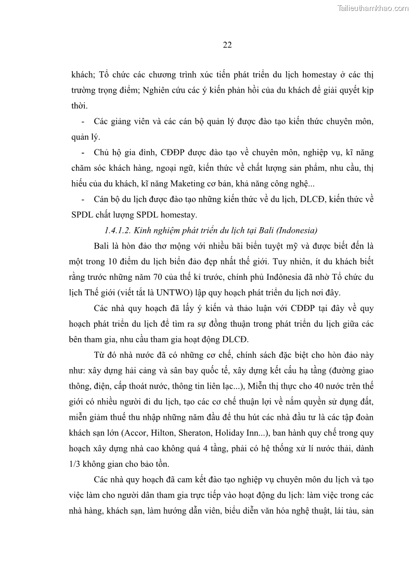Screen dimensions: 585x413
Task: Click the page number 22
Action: tap(227, 45)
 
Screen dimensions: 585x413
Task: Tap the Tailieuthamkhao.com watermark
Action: tap(373, 8)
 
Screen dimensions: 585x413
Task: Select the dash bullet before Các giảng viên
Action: tap(84, 122)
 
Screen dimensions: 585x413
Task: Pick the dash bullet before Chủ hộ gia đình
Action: tap(84, 153)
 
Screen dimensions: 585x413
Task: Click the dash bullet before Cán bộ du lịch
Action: tap(84, 200)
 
